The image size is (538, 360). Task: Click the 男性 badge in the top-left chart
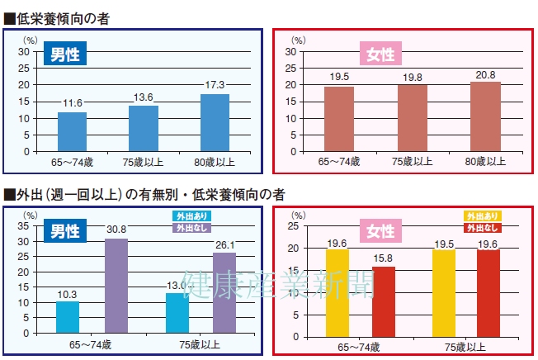tap(65, 54)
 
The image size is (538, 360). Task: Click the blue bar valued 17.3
tap(215, 123)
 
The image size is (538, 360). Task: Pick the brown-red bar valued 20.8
tap(485, 116)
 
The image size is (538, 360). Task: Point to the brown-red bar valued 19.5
tap(339, 119)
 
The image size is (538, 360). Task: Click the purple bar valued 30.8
tap(116, 286)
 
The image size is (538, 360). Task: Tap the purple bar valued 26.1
tap(224, 292)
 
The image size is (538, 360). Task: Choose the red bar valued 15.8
tap(385, 301)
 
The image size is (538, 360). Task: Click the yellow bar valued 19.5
tap(444, 293)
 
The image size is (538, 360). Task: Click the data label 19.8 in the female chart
tap(412, 77)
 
